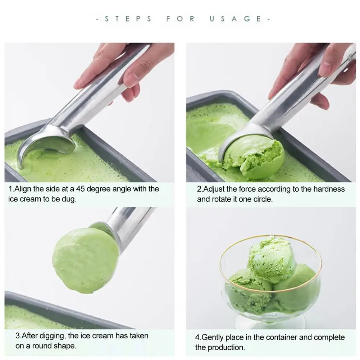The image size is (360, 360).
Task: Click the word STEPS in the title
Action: coord(128,19)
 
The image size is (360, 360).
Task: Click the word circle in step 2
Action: coord(262,199)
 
